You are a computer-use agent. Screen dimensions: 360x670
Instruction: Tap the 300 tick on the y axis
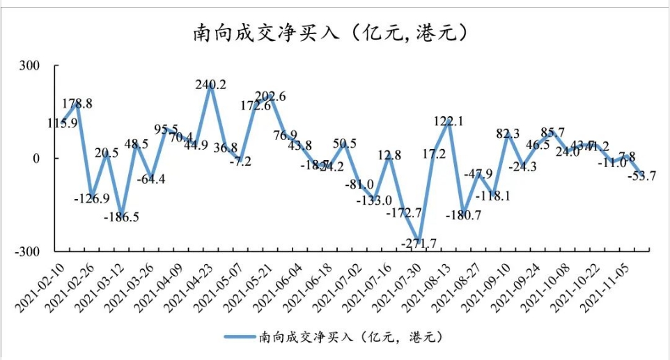coord(47,66)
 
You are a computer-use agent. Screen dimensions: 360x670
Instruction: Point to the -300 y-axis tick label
coord(44,251)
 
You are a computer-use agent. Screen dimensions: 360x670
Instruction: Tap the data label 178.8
coord(78,104)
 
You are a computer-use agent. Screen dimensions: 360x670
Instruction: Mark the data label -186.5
coord(122,217)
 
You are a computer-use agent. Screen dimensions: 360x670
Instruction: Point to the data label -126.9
coord(92,198)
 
